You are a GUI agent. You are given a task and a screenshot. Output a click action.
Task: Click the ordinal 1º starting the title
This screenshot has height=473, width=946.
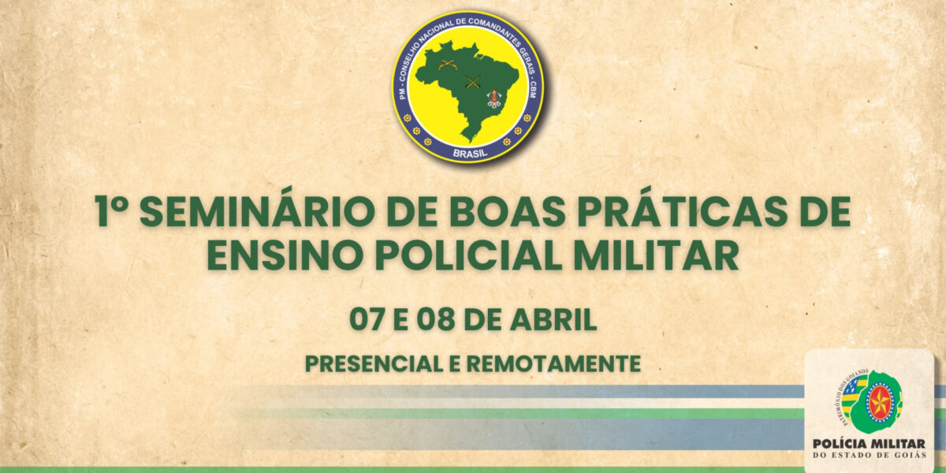111,212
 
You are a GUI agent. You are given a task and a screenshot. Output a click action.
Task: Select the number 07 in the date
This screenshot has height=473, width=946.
367,321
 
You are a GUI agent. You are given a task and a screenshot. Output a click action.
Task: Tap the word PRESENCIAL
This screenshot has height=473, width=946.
374,364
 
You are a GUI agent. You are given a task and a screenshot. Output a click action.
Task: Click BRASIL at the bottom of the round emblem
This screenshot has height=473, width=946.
468,149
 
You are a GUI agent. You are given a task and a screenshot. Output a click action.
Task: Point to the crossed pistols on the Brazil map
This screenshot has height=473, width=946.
447,65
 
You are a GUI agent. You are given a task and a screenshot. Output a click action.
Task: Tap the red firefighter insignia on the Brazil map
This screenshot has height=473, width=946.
493,99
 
